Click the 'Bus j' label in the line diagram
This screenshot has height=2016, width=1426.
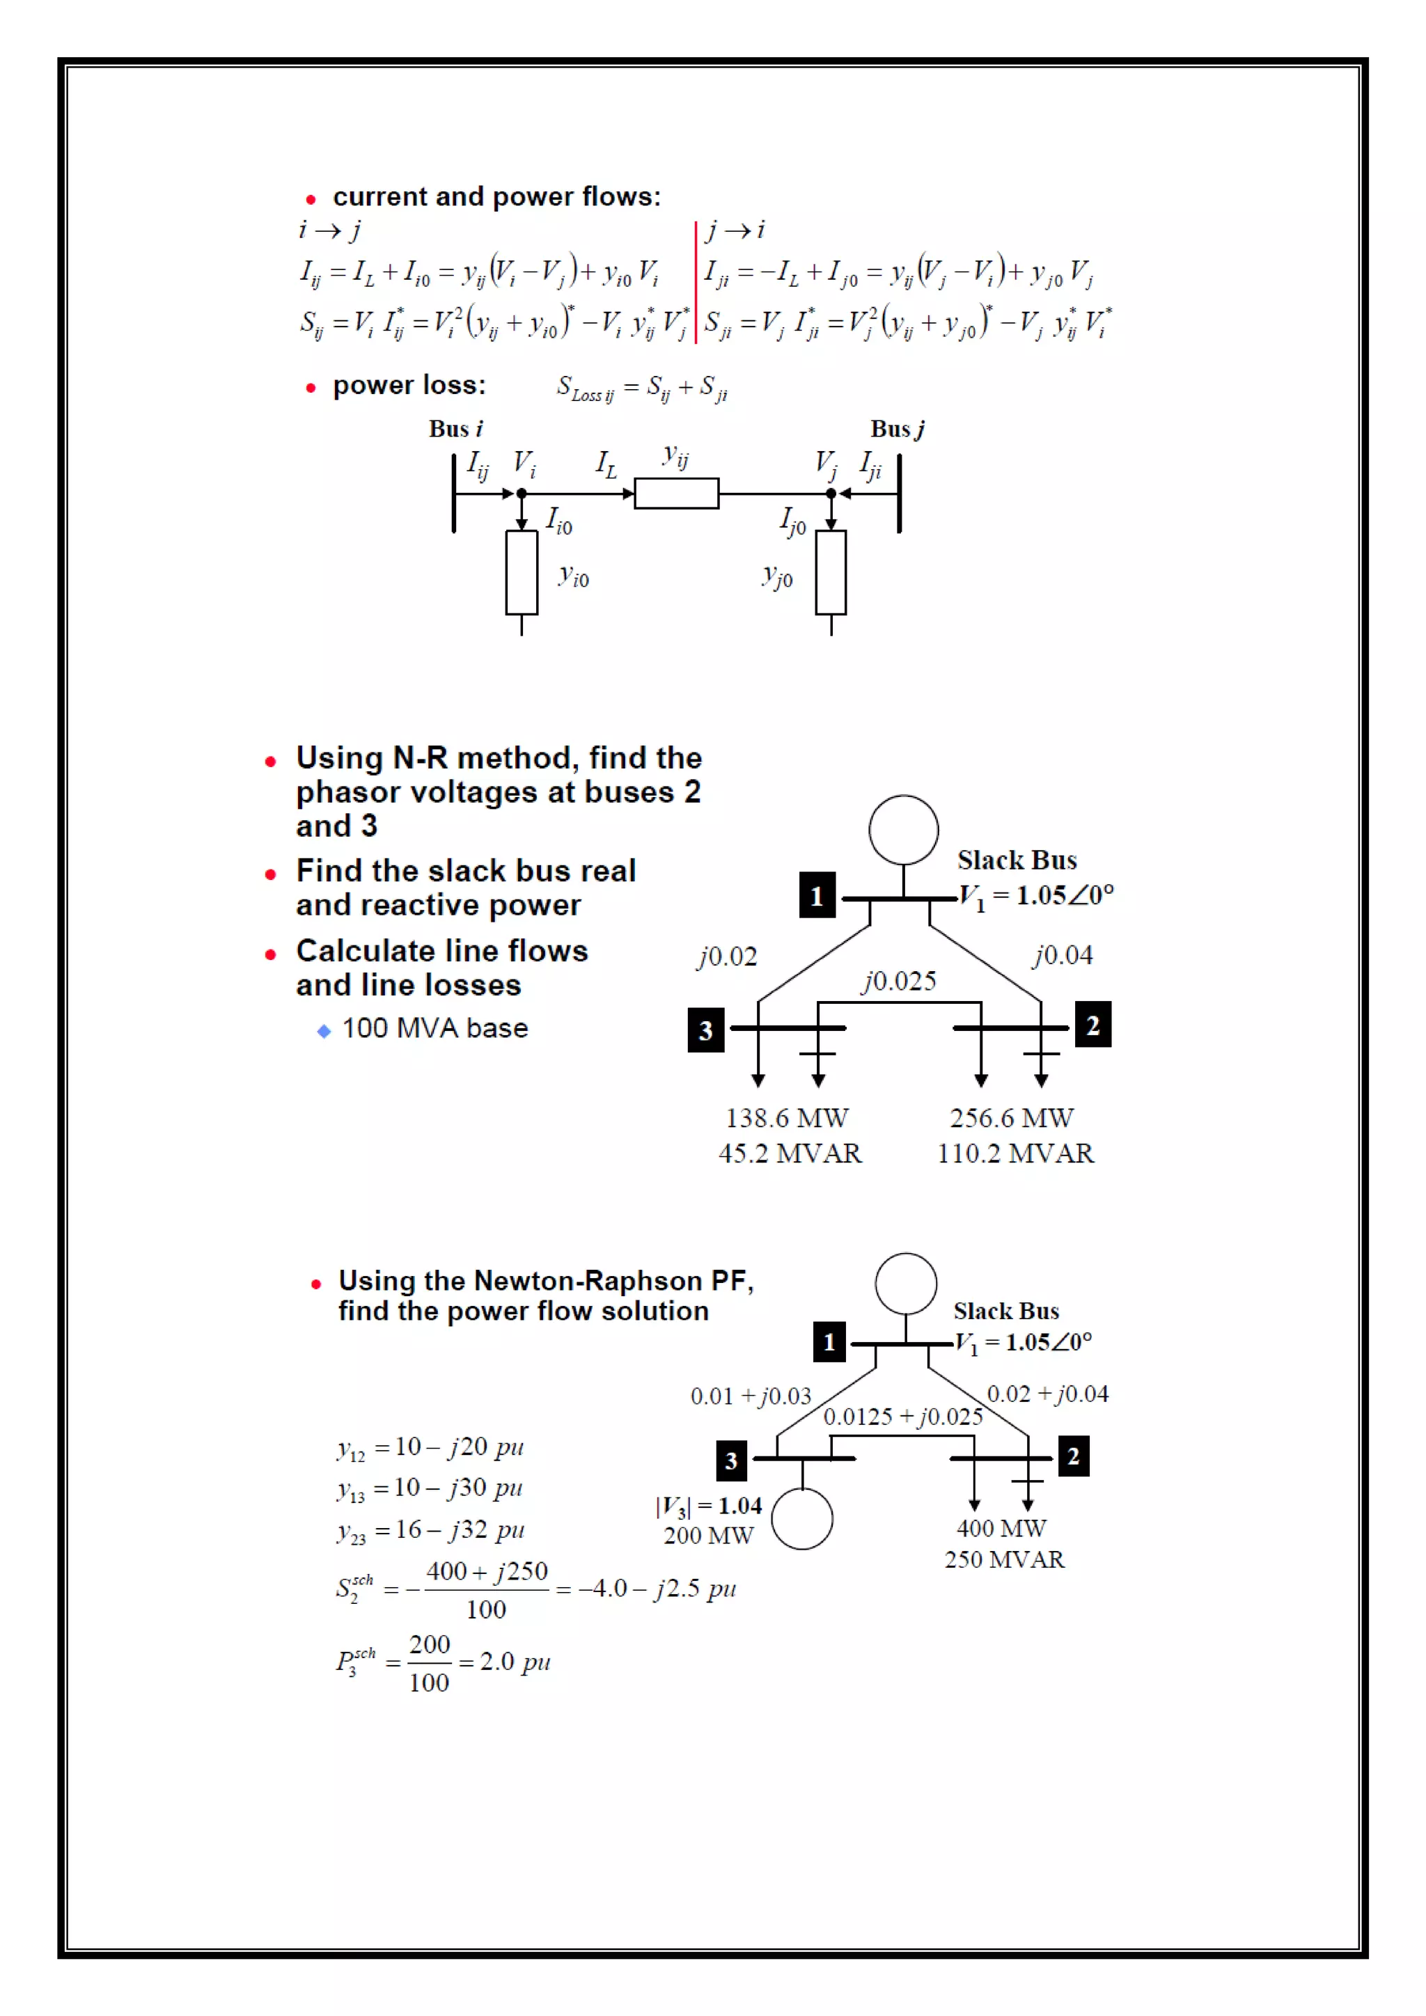[x=897, y=429]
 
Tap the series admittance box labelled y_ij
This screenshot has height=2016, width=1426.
[x=676, y=494]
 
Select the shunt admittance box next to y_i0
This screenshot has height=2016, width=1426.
[x=522, y=572]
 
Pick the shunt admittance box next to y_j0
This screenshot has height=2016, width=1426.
[x=831, y=572]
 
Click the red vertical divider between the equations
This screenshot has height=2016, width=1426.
[x=696, y=282]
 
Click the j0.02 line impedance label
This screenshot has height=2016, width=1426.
[x=727, y=956]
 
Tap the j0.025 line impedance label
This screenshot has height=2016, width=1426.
[x=899, y=981]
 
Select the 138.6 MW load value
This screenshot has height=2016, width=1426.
[x=787, y=1118]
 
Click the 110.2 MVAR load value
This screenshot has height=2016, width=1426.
[x=1015, y=1153]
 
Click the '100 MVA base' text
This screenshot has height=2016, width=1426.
[x=435, y=1028]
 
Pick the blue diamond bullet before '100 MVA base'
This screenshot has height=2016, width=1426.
[x=324, y=1031]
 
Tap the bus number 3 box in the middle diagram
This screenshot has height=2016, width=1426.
[x=706, y=1030]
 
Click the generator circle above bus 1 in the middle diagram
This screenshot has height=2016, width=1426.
[x=904, y=830]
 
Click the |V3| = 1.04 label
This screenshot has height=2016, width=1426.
[x=709, y=1506]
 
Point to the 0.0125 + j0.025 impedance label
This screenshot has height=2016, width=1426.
[x=902, y=1417]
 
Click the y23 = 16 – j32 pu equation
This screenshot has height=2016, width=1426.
[x=430, y=1530]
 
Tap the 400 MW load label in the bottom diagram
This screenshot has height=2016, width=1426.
[x=1001, y=1529]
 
